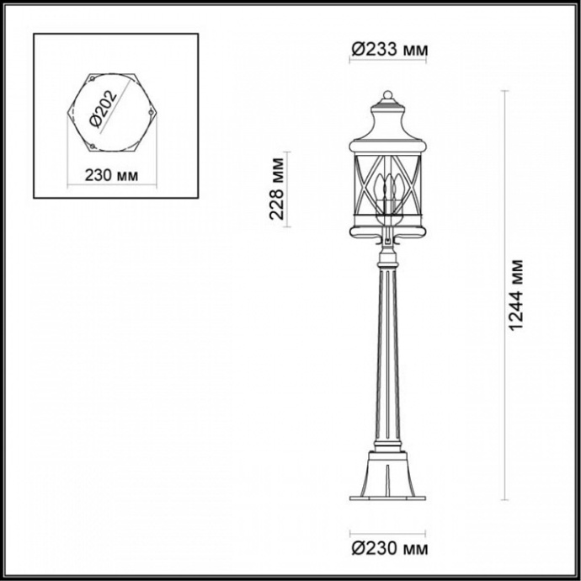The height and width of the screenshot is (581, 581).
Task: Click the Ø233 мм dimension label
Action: click(388, 51)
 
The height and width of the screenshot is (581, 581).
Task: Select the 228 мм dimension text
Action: click(275, 189)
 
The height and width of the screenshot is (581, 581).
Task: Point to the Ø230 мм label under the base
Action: click(388, 550)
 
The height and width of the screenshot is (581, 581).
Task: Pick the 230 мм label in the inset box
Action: click(113, 175)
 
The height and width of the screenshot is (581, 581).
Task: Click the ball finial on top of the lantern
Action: click(388, 93)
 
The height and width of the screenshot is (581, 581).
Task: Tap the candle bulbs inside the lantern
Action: click(388, 189)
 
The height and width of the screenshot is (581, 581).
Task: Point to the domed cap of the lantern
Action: click(388, 126)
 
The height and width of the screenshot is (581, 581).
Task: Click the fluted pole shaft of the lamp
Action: click(388, 354)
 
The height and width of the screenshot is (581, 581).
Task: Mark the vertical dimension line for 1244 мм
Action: click(504, 295)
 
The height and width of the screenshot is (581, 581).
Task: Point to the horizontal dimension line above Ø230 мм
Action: click(388, 533)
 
